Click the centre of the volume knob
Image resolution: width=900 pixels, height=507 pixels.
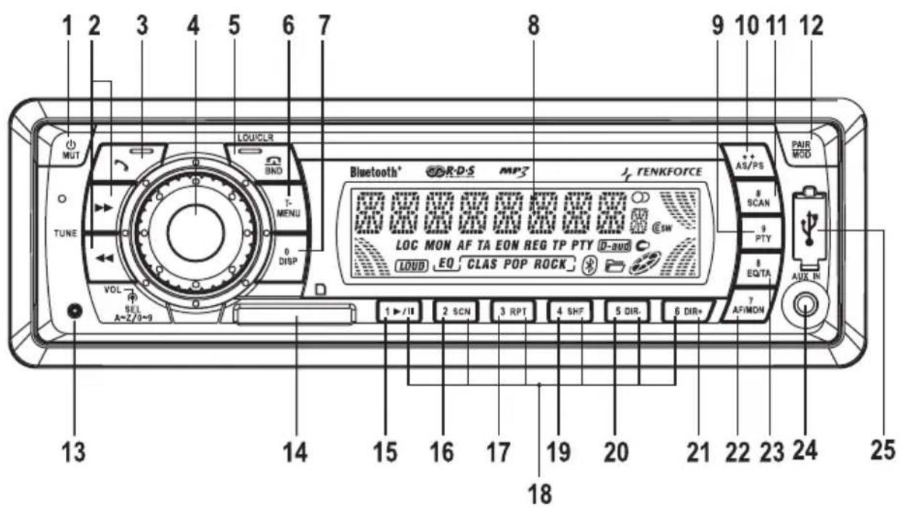coord(195,231)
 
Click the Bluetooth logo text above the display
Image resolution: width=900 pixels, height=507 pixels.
coord(375,172)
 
